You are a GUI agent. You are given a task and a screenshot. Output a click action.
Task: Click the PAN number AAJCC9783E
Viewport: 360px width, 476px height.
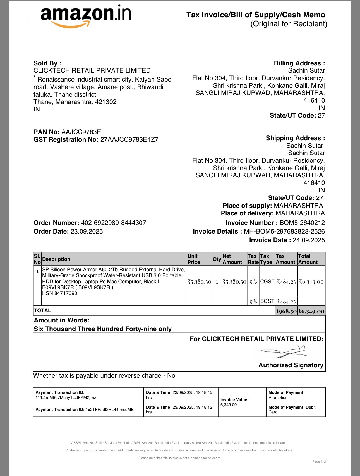tap(81, 132)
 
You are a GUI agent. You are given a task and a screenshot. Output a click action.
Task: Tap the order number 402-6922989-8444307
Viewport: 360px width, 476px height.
tap(113, 223)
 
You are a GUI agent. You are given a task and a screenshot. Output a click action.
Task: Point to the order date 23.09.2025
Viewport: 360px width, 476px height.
tap(87, 231)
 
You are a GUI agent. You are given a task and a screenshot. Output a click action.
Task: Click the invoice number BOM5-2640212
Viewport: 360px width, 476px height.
tap(302, 223)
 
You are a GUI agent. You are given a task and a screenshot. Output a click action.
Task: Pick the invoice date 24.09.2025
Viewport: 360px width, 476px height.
tap(309, 240)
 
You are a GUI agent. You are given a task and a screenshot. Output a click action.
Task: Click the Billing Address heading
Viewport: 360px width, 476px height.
tap(299, 63)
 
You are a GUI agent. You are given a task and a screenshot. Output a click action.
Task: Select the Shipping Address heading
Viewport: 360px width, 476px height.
tap(295, 138)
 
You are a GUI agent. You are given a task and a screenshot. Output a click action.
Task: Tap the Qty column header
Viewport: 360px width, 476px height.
tap(217, 259)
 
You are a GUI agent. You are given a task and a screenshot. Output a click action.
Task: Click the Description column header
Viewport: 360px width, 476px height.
tap(56, 259)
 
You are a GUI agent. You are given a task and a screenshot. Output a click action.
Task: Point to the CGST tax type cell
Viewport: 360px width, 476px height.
tap(267, 282)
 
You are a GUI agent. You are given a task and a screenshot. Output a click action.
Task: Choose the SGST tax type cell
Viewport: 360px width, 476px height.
tap(267, 301)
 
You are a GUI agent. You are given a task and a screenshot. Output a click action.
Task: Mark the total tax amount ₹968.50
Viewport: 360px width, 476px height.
tap(286, 311)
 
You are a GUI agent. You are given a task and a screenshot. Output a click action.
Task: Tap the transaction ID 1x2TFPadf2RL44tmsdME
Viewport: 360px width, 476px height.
tap(109, 410)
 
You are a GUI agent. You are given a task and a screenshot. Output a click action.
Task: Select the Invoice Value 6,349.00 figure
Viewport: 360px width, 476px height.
tap(228, 405)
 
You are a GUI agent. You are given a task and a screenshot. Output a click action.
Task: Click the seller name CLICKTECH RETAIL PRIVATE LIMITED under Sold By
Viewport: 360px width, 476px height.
tap(92, 70)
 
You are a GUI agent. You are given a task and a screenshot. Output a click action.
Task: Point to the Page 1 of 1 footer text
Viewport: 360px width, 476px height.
tap(320, 461)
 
